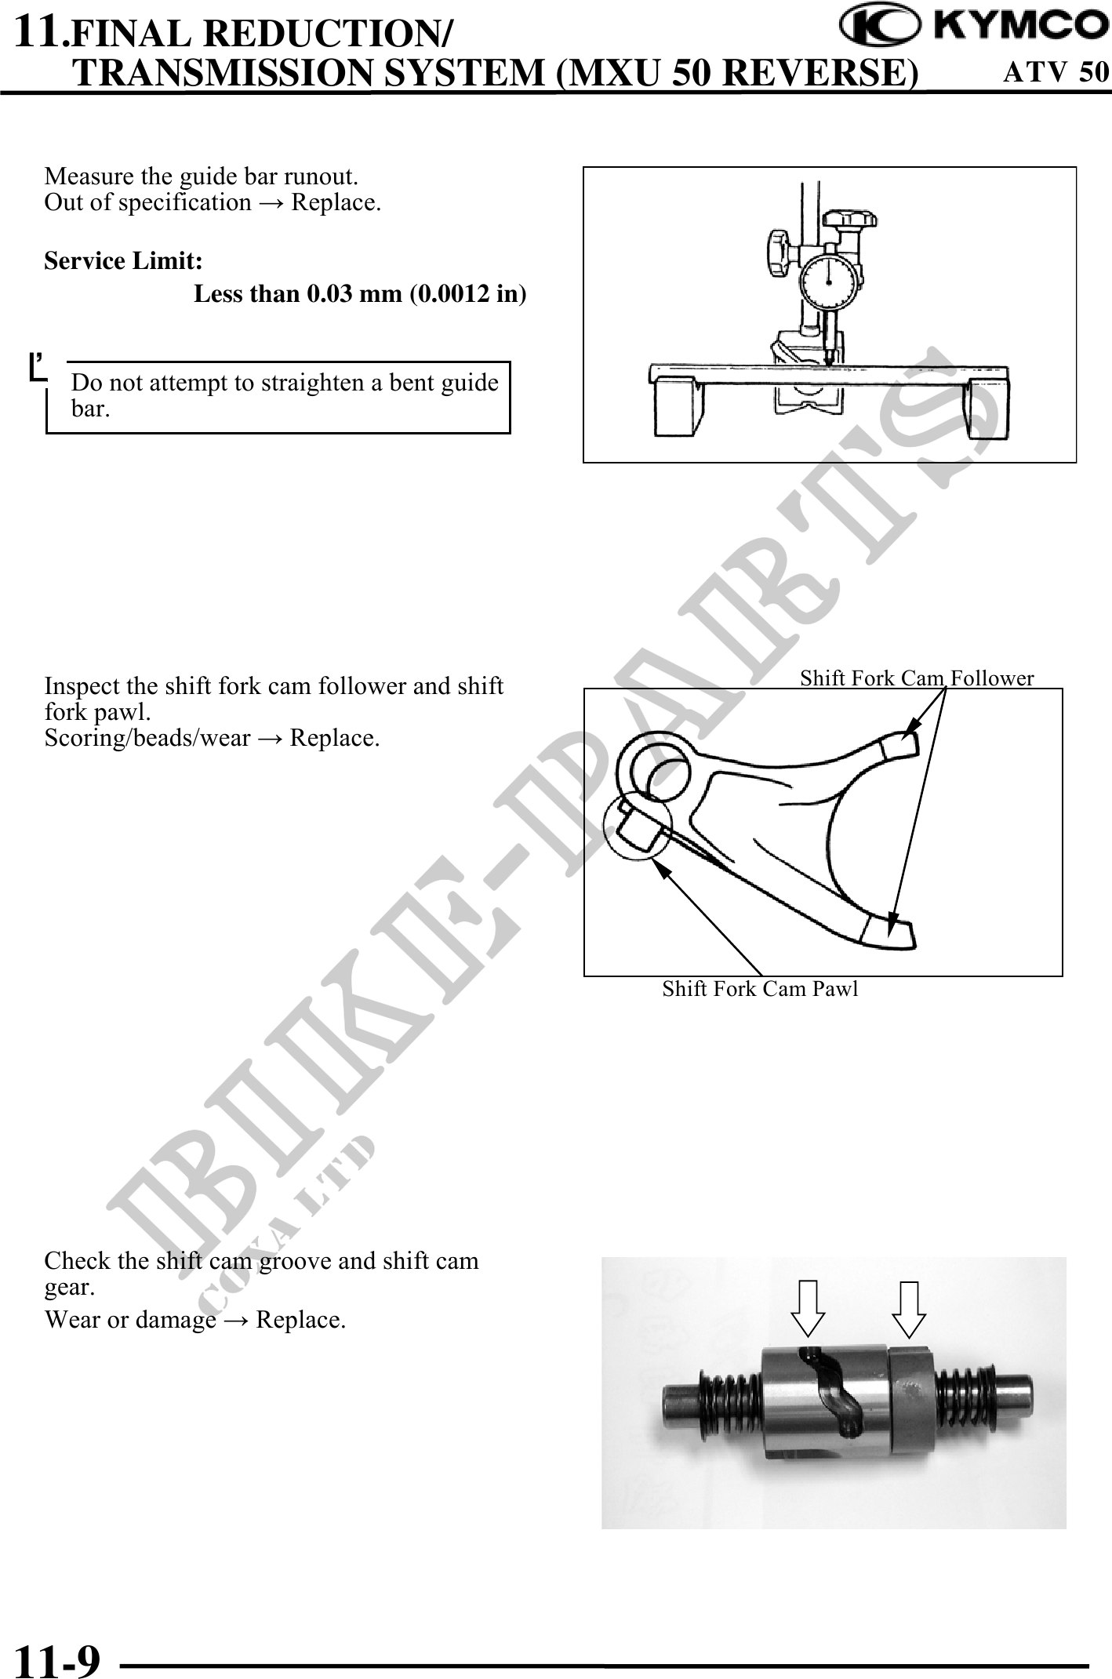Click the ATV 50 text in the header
(x=1056, y=72)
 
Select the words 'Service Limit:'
(x=124, y=260)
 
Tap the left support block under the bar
(x=678, y=405)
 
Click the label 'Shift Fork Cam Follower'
(x=917, y=678)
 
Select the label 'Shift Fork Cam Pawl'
(x=760, y=989)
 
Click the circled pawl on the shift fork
(x=638, y=829)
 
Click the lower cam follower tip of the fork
(x=889, y=932)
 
